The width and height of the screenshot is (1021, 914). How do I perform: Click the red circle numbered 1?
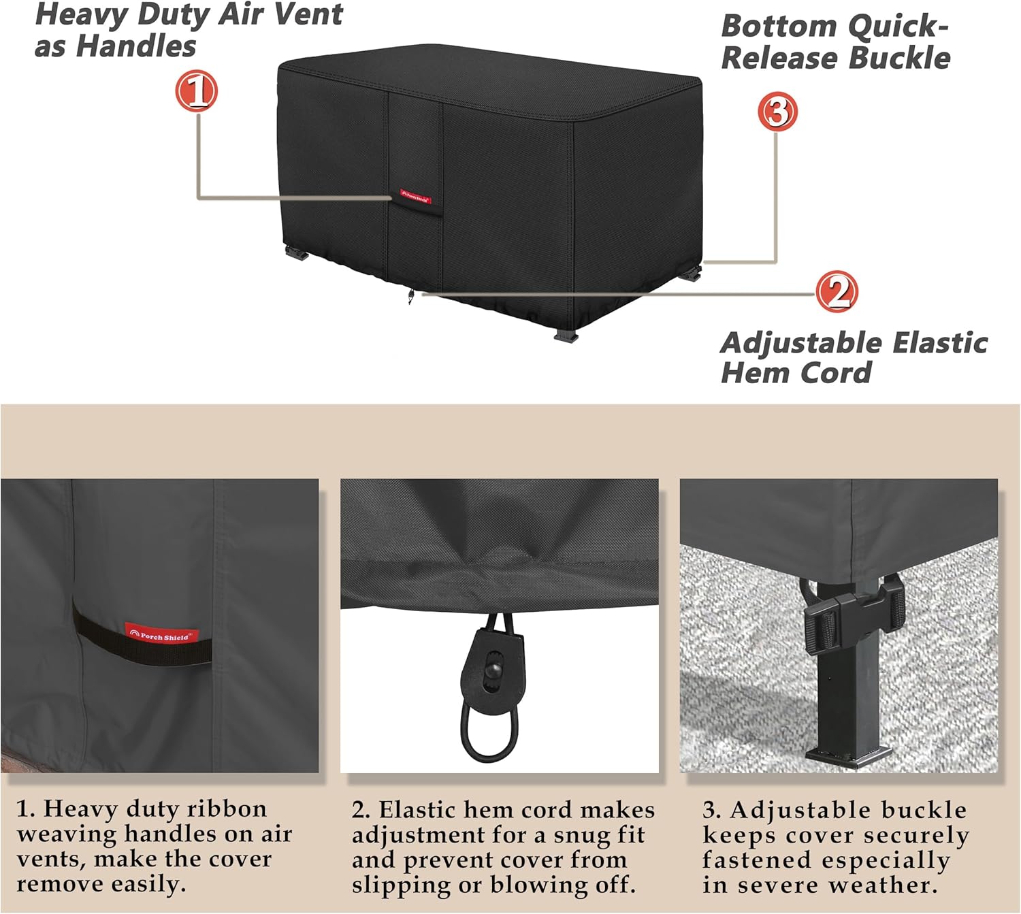tap(197, 91)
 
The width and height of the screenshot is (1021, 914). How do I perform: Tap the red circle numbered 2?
tap(837, 291)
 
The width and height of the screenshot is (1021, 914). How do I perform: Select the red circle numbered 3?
tap(777, 112)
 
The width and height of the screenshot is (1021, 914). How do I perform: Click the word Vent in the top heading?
tap(309, 14)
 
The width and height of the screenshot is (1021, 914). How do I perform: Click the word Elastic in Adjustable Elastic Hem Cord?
tap(940, 343)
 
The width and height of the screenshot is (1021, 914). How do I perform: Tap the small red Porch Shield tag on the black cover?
tap(415, 197)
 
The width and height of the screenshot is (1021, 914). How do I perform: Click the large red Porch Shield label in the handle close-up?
tap(161, 635)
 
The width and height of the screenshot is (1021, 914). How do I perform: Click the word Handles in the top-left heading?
tap(136, 46)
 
